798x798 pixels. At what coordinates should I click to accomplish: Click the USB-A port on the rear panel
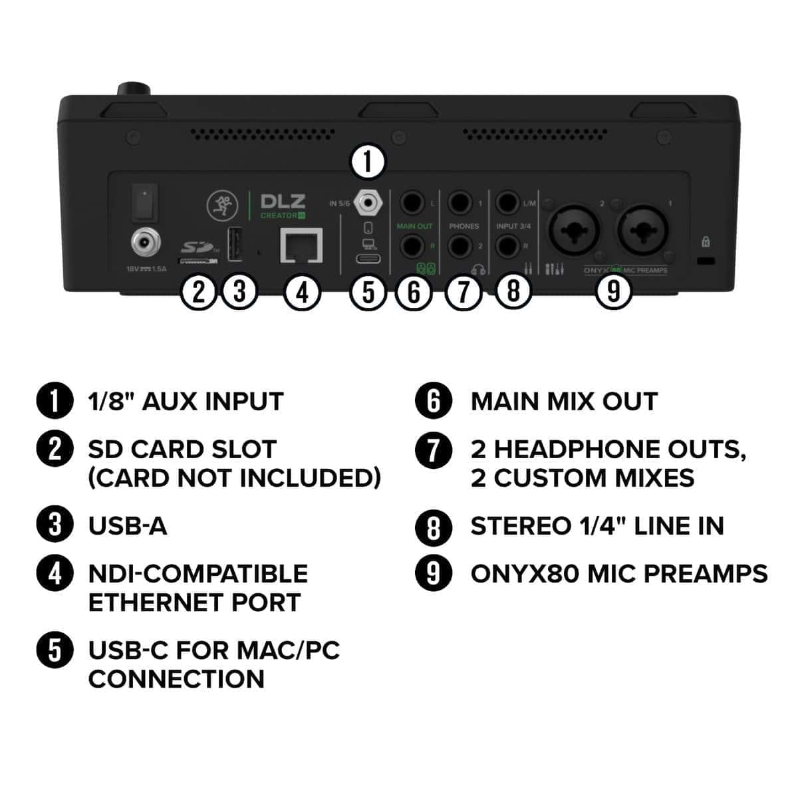tap(234, 245)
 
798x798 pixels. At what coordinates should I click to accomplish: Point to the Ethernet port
tap(302, 245)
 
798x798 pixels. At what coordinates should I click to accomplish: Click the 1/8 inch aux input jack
tap(367, 201)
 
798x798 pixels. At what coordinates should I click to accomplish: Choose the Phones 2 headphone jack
tap(461, 247)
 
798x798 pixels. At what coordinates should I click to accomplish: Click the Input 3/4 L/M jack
tap(508, 201)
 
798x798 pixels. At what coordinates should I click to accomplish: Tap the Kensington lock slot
tap(706, 259)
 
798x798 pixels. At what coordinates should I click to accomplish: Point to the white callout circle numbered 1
tap(368, 162)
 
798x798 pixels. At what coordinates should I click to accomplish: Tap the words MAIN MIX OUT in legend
tap(564, 402)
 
